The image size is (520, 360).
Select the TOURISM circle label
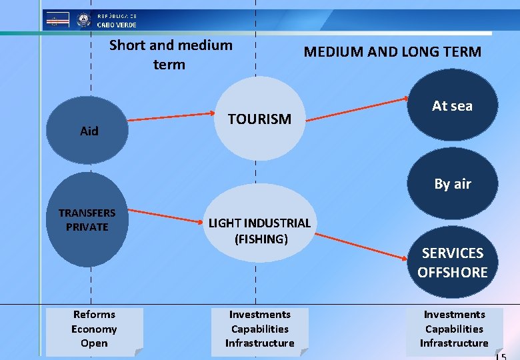pos(259,119)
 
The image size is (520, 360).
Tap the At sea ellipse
pos(452,105)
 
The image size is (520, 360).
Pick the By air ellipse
pos(452,184)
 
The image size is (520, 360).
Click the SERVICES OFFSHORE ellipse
pos(452,262)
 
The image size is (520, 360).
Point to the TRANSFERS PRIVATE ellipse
pos(87,220)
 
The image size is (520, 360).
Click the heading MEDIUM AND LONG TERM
pos(392,52)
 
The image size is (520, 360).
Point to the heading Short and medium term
pos(171,55)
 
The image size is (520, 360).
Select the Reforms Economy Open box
pos(94,329)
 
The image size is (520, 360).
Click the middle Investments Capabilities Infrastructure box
pos(259,329)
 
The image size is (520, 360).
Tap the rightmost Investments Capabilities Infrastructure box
pos(454,329)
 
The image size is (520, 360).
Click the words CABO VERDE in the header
pos(117,25)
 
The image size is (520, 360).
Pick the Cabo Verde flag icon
pos(57,20)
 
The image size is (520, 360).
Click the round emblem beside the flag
pos(83,20)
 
